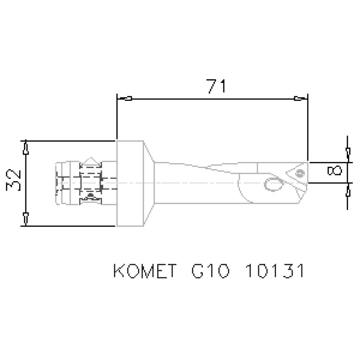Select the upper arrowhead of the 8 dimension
tap(347, 153)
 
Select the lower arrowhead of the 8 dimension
tap(347, 191)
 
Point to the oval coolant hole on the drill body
tap(273, 184)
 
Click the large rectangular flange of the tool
tap(130, 183)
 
